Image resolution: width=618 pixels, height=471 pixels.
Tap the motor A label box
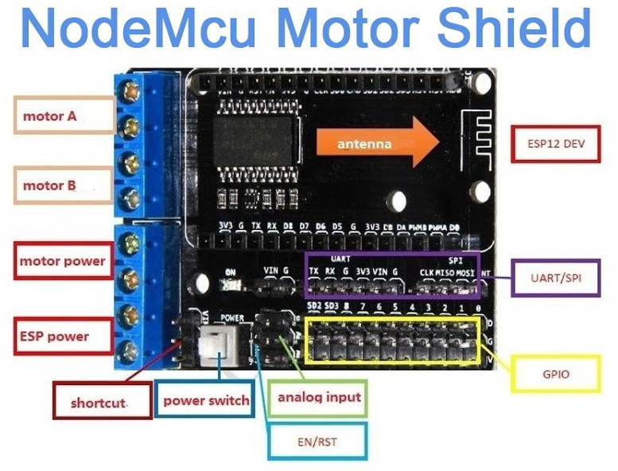coord(62,116)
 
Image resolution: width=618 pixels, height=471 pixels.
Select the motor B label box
coord(62,186)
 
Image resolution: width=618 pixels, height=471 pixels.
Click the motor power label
coord(62,261)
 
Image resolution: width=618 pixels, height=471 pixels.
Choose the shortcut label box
coord(98,402)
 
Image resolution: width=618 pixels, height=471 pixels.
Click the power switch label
coord(206,400)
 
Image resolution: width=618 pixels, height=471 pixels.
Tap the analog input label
coord(318,396)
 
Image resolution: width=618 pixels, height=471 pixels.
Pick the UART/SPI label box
coord(554,278)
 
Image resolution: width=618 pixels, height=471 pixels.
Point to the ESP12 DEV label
coord(554,145)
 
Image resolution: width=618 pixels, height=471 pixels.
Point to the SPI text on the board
coord(454,259)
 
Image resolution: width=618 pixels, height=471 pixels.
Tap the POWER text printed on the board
coord(231,317)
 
